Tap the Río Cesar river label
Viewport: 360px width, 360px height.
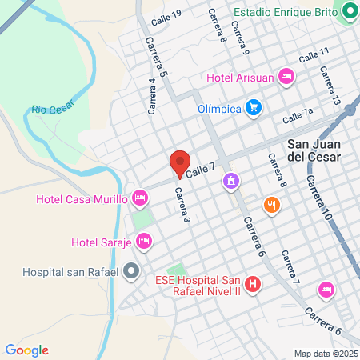pos(52,108)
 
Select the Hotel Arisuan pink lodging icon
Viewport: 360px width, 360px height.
pos(286,77)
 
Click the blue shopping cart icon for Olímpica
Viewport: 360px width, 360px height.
pos(254,107)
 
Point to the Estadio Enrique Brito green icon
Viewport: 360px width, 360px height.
pos(348,11)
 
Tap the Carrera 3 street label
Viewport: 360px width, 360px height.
pos(183,205)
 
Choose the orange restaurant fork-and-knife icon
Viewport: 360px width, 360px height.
pos(273,205)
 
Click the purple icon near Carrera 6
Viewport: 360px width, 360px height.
pos(231,182)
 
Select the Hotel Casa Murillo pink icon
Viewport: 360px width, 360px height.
pos(140,197)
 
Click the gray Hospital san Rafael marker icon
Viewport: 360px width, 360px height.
pos(131,272)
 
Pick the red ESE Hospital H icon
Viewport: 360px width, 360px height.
pos(253,284)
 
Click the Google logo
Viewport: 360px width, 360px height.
pos(26,350)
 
